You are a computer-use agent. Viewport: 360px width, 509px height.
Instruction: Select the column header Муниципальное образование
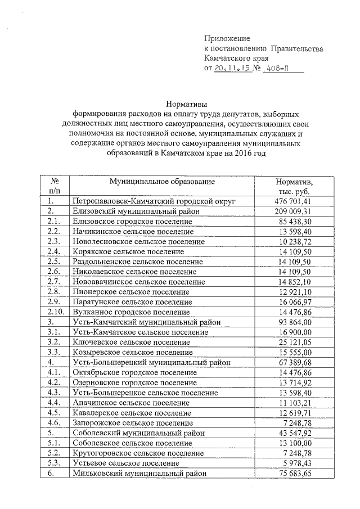coord(162,182)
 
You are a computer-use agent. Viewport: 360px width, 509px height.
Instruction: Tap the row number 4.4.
coord(54,403)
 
